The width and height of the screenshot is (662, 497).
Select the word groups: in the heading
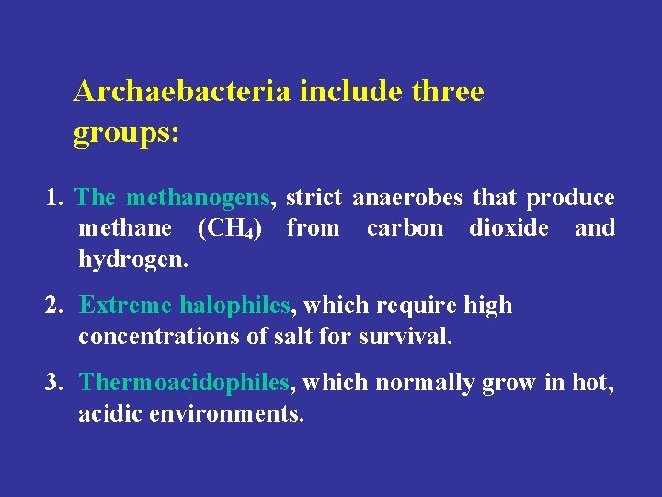pyautogui.click(x=126, y=133)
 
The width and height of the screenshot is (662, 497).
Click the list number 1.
pyautogui.click(x=55, y=198)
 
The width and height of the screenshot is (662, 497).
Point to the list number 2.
pyautogui.click(x=54, y=306)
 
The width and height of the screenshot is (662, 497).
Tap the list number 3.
pyautogui.click(x=54, y=382)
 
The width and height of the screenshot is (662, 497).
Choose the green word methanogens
pyautogui.click(x=199, y=198)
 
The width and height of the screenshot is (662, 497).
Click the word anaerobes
pyautogui.click(x=409, y=198)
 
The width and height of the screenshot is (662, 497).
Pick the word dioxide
pyautogui.click(x=508, y=228)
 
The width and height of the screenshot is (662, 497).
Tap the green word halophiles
pyautogui.click(x=235, y=306)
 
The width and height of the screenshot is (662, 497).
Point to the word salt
pyautogui.click(x=293, y=337)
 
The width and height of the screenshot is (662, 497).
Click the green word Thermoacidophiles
pyautogui.click(x=185, y=382)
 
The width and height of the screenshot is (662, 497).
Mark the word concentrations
pyautogui.click(x=160, y=337)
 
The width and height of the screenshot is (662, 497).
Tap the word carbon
pyautogui.click(x=405, y=228)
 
